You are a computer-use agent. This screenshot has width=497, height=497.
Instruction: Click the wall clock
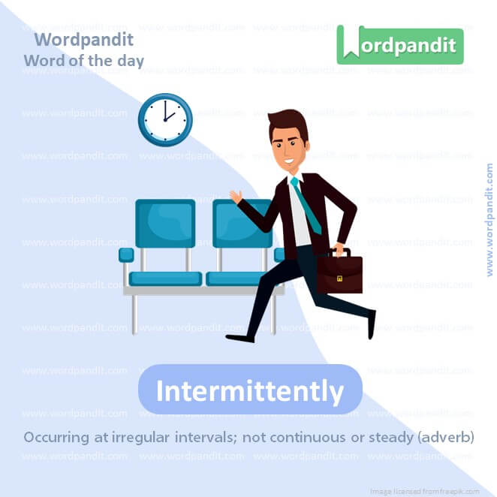coord(165,119)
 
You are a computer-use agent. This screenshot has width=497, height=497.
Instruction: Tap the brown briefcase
coord(339,273)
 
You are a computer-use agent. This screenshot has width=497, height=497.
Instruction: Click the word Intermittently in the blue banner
coord(250,390)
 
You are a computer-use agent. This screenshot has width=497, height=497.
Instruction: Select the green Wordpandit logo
coord(399,44)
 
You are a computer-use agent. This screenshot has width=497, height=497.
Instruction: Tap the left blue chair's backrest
coord(164,223)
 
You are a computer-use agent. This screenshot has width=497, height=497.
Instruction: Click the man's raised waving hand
coord(236,197)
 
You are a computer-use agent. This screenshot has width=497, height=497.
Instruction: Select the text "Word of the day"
coord(84,60)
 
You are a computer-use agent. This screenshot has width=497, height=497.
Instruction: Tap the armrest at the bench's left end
coord(126,255)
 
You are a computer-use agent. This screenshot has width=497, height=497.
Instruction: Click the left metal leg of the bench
coord(134,312)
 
